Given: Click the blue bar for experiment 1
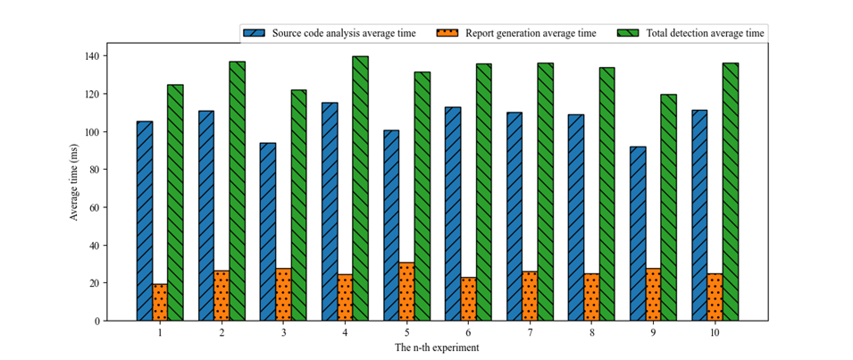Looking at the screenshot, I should [x=144, y=221].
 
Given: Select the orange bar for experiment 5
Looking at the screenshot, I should [x=406, y=291].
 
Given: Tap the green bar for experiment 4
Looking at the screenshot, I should [x=360, y=188].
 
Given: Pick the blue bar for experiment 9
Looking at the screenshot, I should [x=638, y=233].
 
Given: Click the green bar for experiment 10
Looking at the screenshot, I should [x=730, y=191].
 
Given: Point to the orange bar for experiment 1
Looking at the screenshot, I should [x=160, y=302].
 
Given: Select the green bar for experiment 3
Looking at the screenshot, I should [x=298, y=205].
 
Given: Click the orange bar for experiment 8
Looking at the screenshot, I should [x=591, y=297].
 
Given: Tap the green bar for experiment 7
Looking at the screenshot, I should [x=545, y=191].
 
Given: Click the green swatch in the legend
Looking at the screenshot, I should [x=630, y=33].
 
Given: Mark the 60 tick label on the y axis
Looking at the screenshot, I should [x=94, y=207].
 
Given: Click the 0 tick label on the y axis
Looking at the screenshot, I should [x=96, y=321].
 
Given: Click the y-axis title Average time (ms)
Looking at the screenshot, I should [x=75, y=181].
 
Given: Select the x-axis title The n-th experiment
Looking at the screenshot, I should [x=437, y=347].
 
